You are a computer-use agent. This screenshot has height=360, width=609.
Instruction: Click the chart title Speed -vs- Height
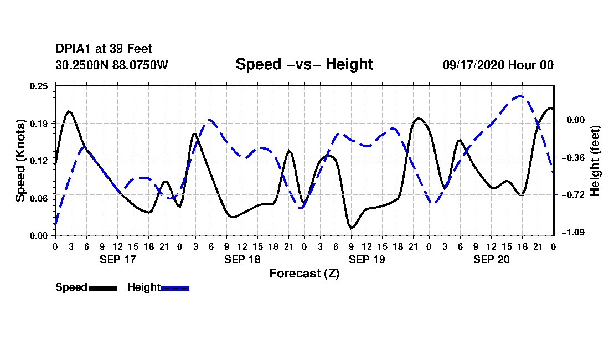[x=304, y=64]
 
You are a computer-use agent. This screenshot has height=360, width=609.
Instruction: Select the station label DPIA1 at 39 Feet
[x=104, y=49]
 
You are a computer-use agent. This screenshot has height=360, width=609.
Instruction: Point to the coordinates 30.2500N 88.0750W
[x=112, y=65]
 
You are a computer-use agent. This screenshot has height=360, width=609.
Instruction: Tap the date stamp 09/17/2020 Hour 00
[x=498, y=65]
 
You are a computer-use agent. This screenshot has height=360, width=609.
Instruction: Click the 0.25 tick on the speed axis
[x=39, y=86]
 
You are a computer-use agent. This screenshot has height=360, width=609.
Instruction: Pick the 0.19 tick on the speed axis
[x=39, y=124]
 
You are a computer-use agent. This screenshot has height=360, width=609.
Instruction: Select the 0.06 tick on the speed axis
[x=39, y=198]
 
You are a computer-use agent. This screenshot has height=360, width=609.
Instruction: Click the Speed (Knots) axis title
[x=20, y=161]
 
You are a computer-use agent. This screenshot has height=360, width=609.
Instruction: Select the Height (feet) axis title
[x=595, y=161]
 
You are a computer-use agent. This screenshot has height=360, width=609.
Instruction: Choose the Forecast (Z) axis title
[x=304, y=274]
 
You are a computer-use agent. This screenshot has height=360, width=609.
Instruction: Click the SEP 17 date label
[x=118, y=259]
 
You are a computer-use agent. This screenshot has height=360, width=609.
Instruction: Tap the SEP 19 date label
[x=367, y=259]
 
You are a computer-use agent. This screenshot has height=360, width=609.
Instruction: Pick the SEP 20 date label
[x=491, y=259]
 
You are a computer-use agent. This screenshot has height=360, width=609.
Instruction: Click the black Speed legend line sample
[x=104, y=288]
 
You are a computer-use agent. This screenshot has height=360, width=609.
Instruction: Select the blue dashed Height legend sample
[x=175, y=288]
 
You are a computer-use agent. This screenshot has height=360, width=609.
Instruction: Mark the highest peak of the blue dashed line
[x=520, y=96]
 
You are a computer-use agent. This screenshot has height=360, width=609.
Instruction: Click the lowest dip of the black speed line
[x=352, y=228]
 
